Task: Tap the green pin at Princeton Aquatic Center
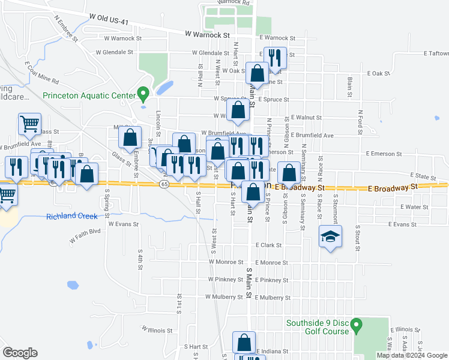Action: [x=143, y=94]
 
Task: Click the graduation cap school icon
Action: [x=330, y=236]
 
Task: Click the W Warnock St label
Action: [x=208, y=35]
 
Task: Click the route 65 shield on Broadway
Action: [x=164, y=184]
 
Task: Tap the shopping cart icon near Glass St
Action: [x=29, y=124]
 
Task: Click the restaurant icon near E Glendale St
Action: [x=275, y=58]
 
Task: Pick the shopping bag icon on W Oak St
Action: [x=257, y=73]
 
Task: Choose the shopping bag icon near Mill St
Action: [x=130, y=137]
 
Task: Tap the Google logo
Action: [x=20, y=353]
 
